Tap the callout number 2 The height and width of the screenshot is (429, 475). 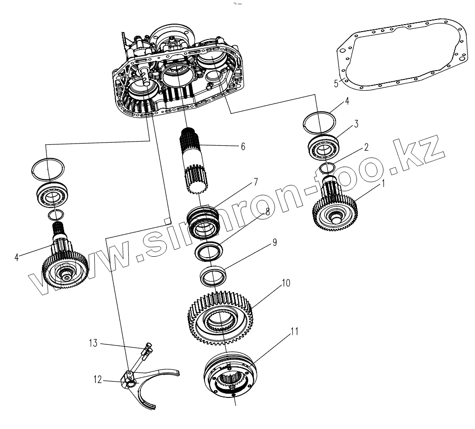[366, 148]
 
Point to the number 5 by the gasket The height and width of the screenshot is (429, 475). [336, 84]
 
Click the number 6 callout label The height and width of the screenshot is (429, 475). [243, 146]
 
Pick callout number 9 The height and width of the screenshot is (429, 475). [274, 242]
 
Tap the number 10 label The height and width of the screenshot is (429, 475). [286, 283]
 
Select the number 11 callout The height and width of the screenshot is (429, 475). [294, 331]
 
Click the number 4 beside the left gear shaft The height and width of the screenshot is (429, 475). [17, 256]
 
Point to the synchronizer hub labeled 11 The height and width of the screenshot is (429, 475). [230, 374]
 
